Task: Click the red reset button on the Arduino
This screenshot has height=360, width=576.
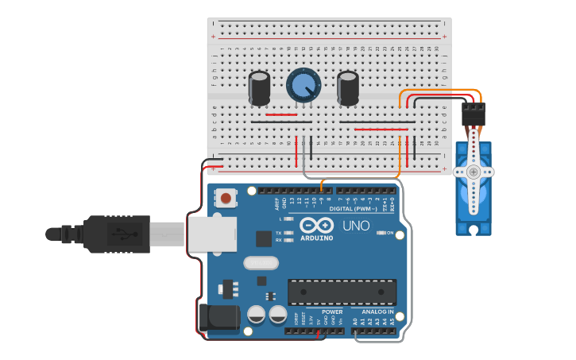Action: pos(226,197)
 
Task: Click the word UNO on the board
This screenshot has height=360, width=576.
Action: pos(356,226)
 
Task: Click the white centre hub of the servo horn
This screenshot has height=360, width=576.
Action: pos(474,172)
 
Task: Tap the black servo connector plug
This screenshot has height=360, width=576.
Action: pos(474,116)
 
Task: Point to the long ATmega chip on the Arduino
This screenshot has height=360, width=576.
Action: pos(342,292)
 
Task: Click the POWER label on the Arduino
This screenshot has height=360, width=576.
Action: pos(332,312)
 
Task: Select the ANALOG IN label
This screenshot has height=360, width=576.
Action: pos(377,312)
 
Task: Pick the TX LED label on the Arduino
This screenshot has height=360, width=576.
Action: pos(279,232)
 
